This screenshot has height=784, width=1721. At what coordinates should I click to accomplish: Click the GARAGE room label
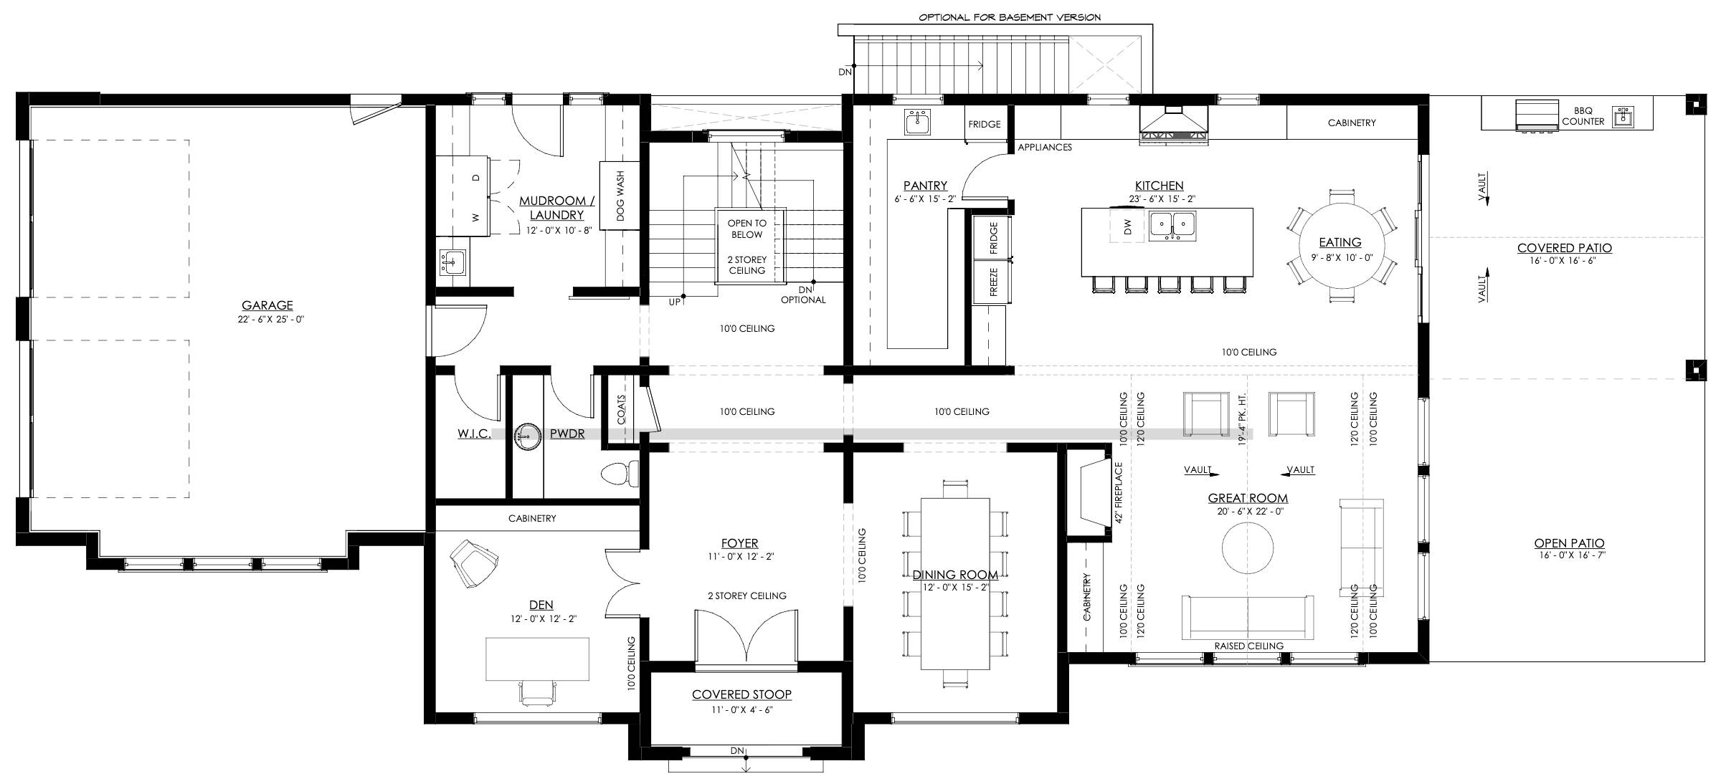click(x=267, y=305)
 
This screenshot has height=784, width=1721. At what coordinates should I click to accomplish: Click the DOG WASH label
click(x=620, y=195)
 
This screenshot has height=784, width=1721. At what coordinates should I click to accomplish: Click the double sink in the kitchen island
click(x=1172, y=225)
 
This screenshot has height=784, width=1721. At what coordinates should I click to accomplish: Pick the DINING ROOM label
click(x=955, y=575)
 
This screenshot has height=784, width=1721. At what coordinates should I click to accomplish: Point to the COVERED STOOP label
click(x=741, y=694)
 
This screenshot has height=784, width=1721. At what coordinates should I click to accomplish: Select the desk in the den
click(x=538, y=659)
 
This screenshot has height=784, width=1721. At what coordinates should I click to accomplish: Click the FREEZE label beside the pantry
click(x=994, y=282)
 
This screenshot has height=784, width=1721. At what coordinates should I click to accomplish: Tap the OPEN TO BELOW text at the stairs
click(x=747, y=229)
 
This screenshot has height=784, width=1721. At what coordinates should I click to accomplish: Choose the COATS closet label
click(x=621, y=409)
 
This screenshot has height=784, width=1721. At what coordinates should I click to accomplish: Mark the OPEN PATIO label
click(x=1570, y=543)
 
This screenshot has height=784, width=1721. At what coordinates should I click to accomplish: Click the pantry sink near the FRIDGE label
click(x=916, y=123)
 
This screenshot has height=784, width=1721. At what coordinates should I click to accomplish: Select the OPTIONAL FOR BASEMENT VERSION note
click(x=1010, y=17)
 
